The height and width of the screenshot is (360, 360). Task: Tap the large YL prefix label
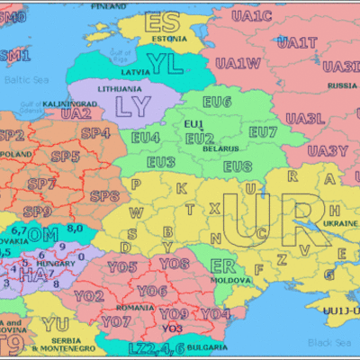[x=166, y=63]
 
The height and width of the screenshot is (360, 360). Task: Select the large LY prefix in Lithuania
[x=133, y=107]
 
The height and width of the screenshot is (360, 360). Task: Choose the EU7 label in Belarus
[x=263, y=132]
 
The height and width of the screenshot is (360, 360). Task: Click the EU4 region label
[x=146, y=137]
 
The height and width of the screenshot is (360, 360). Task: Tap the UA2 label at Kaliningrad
[x=76, y=114]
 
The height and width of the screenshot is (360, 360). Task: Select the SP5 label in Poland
[x=65, y=156]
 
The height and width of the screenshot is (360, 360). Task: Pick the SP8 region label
[x=104, y=196]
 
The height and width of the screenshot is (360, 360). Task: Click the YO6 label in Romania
[x=152, y=291]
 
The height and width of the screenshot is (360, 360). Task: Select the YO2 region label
[x=88, y=296]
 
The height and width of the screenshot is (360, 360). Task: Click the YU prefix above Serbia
[x=55, y=324]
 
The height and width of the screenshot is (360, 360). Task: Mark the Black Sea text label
[x=328, y=342]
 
